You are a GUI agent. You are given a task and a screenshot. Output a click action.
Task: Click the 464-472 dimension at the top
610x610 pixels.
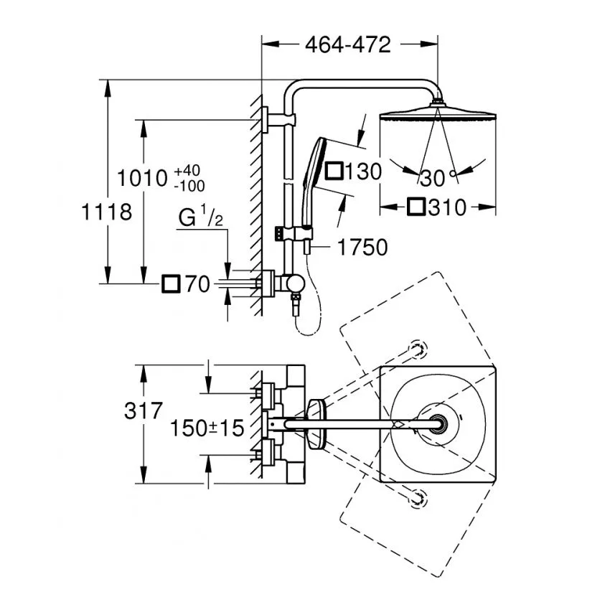[348, 44]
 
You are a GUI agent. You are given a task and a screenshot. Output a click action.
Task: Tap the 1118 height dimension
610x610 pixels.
[107, 212]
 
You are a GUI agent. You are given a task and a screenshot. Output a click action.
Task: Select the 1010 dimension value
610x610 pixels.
[142, 179]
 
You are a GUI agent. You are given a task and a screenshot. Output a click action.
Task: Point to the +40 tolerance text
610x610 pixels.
[187, 171]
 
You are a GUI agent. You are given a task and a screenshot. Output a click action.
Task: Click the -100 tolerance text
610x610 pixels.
[189, 187]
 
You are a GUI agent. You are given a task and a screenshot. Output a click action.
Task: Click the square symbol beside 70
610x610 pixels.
[172, 284]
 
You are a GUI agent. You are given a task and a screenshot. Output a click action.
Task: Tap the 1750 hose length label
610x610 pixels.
[362, 248]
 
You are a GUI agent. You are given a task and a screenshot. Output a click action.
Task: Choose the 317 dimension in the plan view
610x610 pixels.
[143, 410]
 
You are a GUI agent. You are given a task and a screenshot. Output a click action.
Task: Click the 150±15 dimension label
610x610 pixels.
[207, 428]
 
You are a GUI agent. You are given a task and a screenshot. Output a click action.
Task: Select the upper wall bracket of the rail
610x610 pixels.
[278, 119]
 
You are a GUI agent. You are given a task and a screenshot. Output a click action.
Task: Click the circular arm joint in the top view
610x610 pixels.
[438, 423]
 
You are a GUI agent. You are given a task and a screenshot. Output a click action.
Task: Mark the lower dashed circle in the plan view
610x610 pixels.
[418, 498]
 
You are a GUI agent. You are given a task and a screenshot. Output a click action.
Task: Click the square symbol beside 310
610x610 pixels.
[416, 207]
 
